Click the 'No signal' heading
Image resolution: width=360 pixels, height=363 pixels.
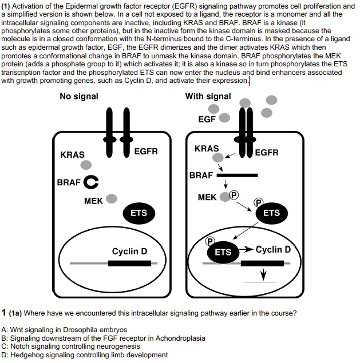point(79,96)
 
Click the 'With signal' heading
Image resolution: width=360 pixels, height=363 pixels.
point(208,96)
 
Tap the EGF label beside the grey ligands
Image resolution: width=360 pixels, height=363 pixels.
point(206,119)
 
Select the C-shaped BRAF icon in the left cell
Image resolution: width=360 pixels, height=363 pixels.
point(90,182)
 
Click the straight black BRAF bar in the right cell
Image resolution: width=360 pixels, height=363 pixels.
point(237,175)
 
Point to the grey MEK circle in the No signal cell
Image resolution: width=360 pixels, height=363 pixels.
point(112,198)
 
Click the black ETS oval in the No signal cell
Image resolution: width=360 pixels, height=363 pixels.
point(139,213)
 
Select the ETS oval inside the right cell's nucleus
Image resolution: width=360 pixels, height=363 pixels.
point(223,252)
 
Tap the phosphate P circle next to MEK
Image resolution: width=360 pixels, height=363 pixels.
point(234,195)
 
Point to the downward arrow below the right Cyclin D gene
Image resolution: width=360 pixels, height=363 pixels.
point(263,274)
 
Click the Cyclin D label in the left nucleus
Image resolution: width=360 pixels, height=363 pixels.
point(129,251)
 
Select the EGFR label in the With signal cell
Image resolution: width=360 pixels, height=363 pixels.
point(267,153)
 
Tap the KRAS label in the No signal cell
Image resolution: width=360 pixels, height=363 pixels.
point(72,155)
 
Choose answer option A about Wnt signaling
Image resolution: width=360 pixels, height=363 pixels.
point(64,330)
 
